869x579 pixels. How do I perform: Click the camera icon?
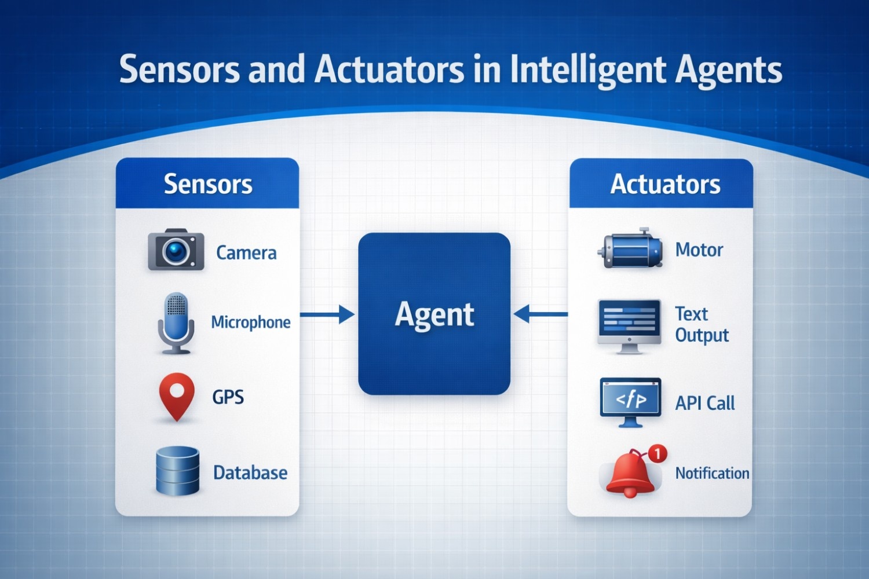click(x=176, y=250)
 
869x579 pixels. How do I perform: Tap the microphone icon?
click(x=176, y=323)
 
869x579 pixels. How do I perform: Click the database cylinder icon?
click(x=178, y=471)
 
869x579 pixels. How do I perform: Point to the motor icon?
click(x=630, y=248)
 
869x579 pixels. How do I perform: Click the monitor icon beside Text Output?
click(x=629, y=326)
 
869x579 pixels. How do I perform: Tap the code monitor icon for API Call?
click(x=630, y=402)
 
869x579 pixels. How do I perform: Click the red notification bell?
click(x=630, y=474)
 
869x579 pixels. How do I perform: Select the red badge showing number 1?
click(x=657, y=453)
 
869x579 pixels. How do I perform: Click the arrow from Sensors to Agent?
click(x=327, y=314)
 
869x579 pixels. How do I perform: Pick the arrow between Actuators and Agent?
click(x=541, y=314)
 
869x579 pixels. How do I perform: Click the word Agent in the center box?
click(x=434, y=315)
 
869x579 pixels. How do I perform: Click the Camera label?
click(x=246, y=253)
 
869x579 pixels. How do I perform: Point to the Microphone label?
click(x=251, y=323)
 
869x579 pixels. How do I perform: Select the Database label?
click(x=250, y=472)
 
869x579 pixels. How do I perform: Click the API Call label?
click(x=705, y=403)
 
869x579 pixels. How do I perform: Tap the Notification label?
click(x=712, y=473)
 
